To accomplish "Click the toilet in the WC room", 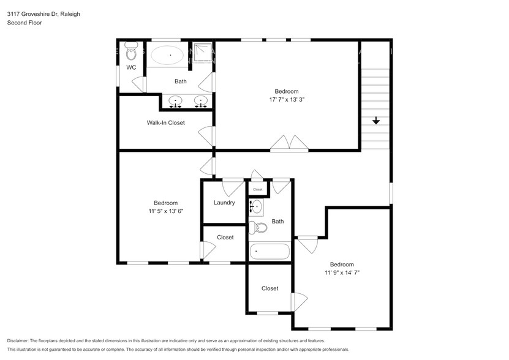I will tap(130, 50).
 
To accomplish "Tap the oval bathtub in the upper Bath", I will tap(167, 56).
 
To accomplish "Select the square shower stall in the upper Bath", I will tap(203, 53).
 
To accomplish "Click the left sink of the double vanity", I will tap(176, 102).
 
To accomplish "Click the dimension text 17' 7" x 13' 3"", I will tap(287, 99).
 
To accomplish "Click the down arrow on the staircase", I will tap(375, 121).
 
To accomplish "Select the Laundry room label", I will tap(224, 203).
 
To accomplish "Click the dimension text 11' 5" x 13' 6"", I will tap(165, 211).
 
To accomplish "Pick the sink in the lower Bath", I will tap(257, 207).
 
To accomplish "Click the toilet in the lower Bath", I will tap(259, 228).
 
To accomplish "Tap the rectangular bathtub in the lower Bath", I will tap(269, 251).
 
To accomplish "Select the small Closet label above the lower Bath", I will tap(258, 190).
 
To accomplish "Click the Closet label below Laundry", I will tap(225, 237).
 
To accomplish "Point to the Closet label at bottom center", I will tap(270, 288).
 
